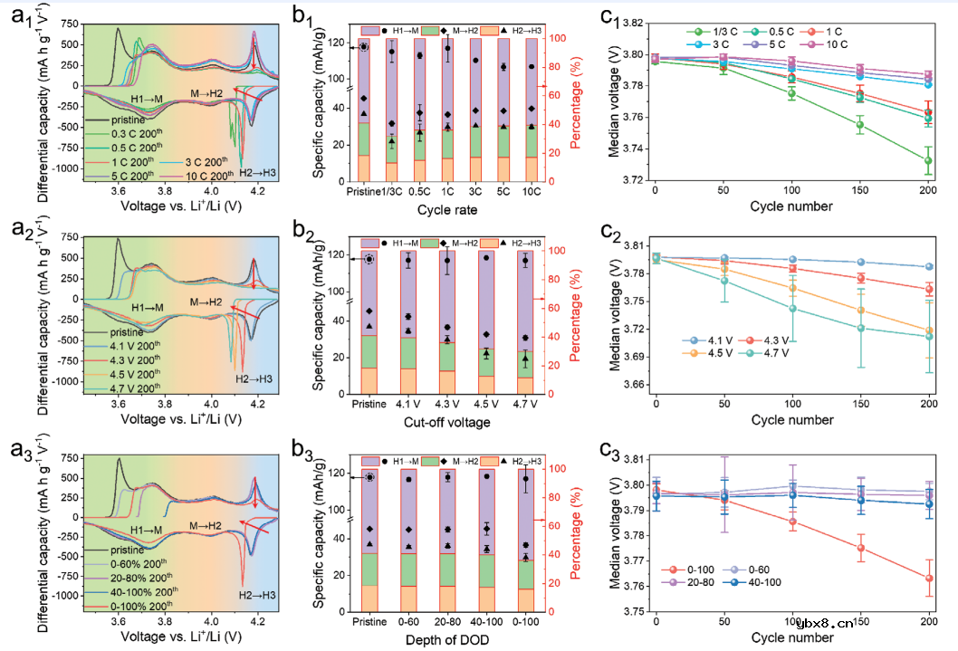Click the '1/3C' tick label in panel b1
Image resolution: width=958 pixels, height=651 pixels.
(x=392, y=192)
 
